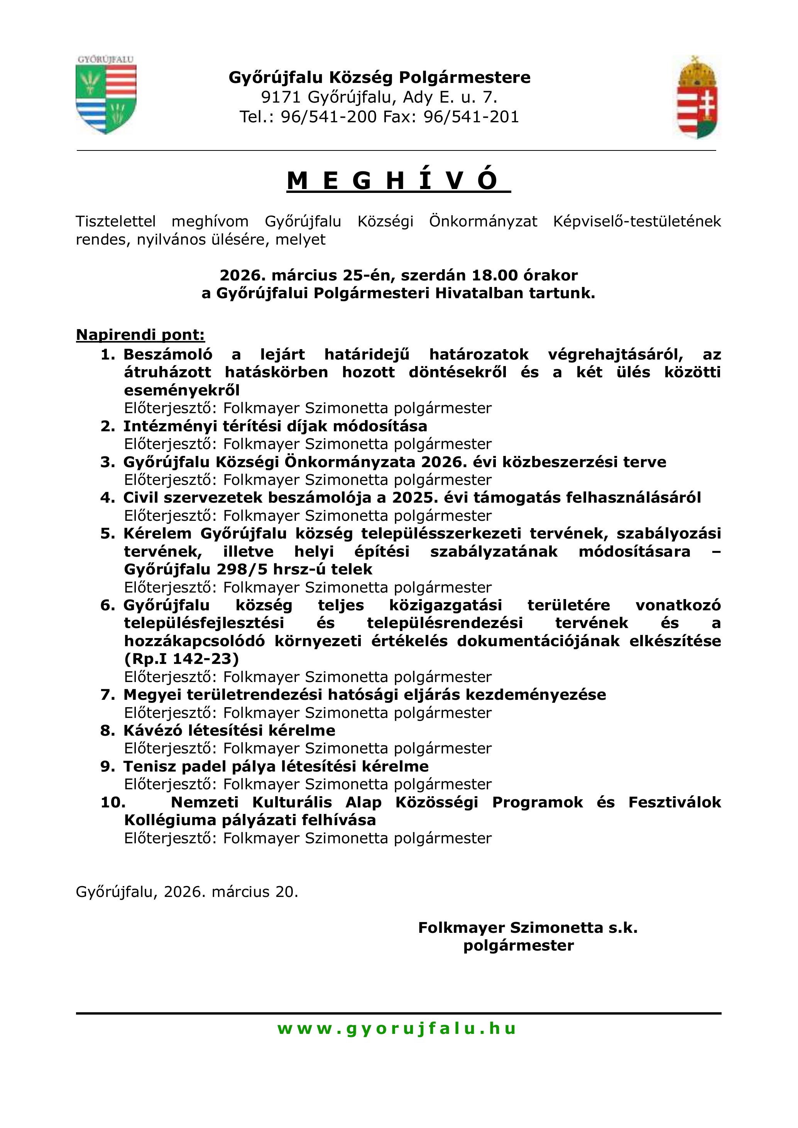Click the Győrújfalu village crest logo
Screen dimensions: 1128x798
106,95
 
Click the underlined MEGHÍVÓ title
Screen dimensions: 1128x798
399,181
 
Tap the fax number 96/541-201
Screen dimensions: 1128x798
471,117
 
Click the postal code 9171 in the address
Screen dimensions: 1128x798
280,97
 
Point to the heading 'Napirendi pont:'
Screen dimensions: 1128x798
140,335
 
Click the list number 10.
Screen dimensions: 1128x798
113,802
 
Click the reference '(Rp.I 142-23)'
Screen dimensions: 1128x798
181,659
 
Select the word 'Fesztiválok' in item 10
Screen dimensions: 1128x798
674,802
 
